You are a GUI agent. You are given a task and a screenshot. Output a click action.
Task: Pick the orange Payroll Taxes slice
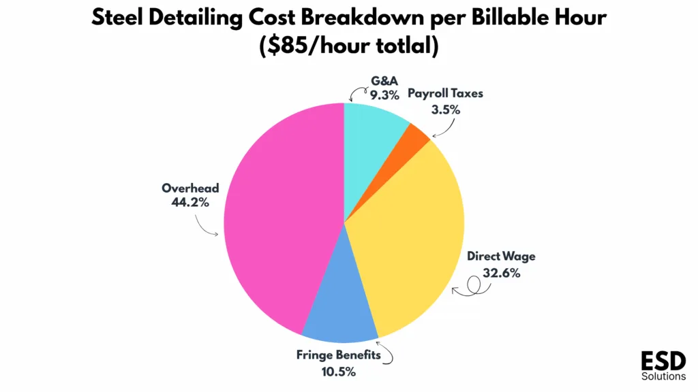(x=416, y=134)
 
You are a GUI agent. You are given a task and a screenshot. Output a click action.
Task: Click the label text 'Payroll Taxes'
(x=445, y=93)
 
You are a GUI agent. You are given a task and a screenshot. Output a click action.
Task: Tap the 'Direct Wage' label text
(x=501, y=257)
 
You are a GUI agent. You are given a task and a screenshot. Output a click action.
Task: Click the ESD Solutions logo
(x=663, y=366)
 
